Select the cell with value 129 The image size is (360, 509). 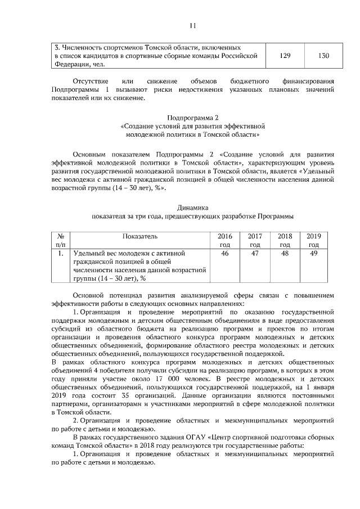pos(285,56)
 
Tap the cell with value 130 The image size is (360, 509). pos(323,56)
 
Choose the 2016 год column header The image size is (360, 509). pos(225,240)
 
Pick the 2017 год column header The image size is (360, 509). pos(255,240)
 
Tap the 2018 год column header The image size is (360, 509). pos(285,240)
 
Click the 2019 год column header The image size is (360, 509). pos(314,240)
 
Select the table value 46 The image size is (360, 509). pos(225,254)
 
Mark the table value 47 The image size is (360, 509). pos(255,254)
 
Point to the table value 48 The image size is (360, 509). pos(285,254)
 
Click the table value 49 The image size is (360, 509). pos(314,254)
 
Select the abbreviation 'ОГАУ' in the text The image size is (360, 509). pos(201,436)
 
